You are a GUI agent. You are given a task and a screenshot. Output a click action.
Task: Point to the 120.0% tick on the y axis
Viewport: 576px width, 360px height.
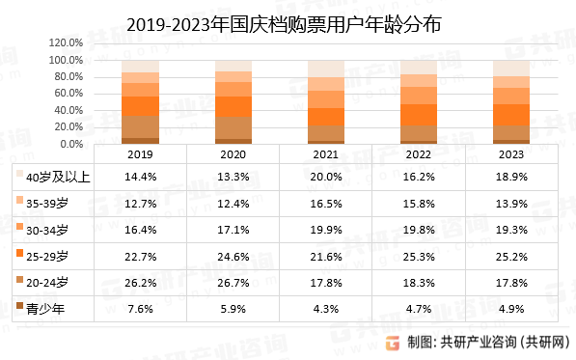pyautogui.click(x=66, y=43)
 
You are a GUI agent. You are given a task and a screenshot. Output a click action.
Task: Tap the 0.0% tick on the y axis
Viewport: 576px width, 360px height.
pyautogui.click(x=70, y=145)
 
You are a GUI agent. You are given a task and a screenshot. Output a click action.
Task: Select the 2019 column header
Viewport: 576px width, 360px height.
pyautogui.click(x=140, y=154)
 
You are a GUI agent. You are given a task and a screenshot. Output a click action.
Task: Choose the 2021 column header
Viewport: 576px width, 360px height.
pyautogui.click(x=325, y=154)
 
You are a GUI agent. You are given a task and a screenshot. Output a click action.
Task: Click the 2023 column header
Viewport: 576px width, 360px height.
pyautogui.click(x=510, y=154)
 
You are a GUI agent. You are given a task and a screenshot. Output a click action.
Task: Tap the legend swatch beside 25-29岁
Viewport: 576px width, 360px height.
pyautogui.click(x=18, y=256)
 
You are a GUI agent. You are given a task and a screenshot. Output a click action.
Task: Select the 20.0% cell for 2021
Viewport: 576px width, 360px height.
pyautogui.click(x=325, y=177)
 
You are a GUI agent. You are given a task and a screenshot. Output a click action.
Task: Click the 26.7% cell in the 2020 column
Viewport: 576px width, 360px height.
pyautogui.click(x=233, y=282)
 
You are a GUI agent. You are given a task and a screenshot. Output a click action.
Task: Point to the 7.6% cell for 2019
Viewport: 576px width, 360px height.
pyautogui.click(x=140, y=308)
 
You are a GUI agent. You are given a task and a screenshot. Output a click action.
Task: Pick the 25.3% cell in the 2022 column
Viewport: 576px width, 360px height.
pyautogui.click(x=418, y=256)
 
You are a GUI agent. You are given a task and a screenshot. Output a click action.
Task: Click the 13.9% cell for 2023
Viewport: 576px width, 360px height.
pyautogui.click(x=510, y=203)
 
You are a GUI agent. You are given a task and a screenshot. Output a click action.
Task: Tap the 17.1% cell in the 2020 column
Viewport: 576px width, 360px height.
pyautogui.click(x=233, y=229)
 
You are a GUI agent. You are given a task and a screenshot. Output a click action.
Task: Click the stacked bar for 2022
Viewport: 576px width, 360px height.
pyautogui.click(x=418, y=109)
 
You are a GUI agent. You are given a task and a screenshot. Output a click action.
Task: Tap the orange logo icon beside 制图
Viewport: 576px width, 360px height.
pyautogui.click(x=394, y=342)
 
